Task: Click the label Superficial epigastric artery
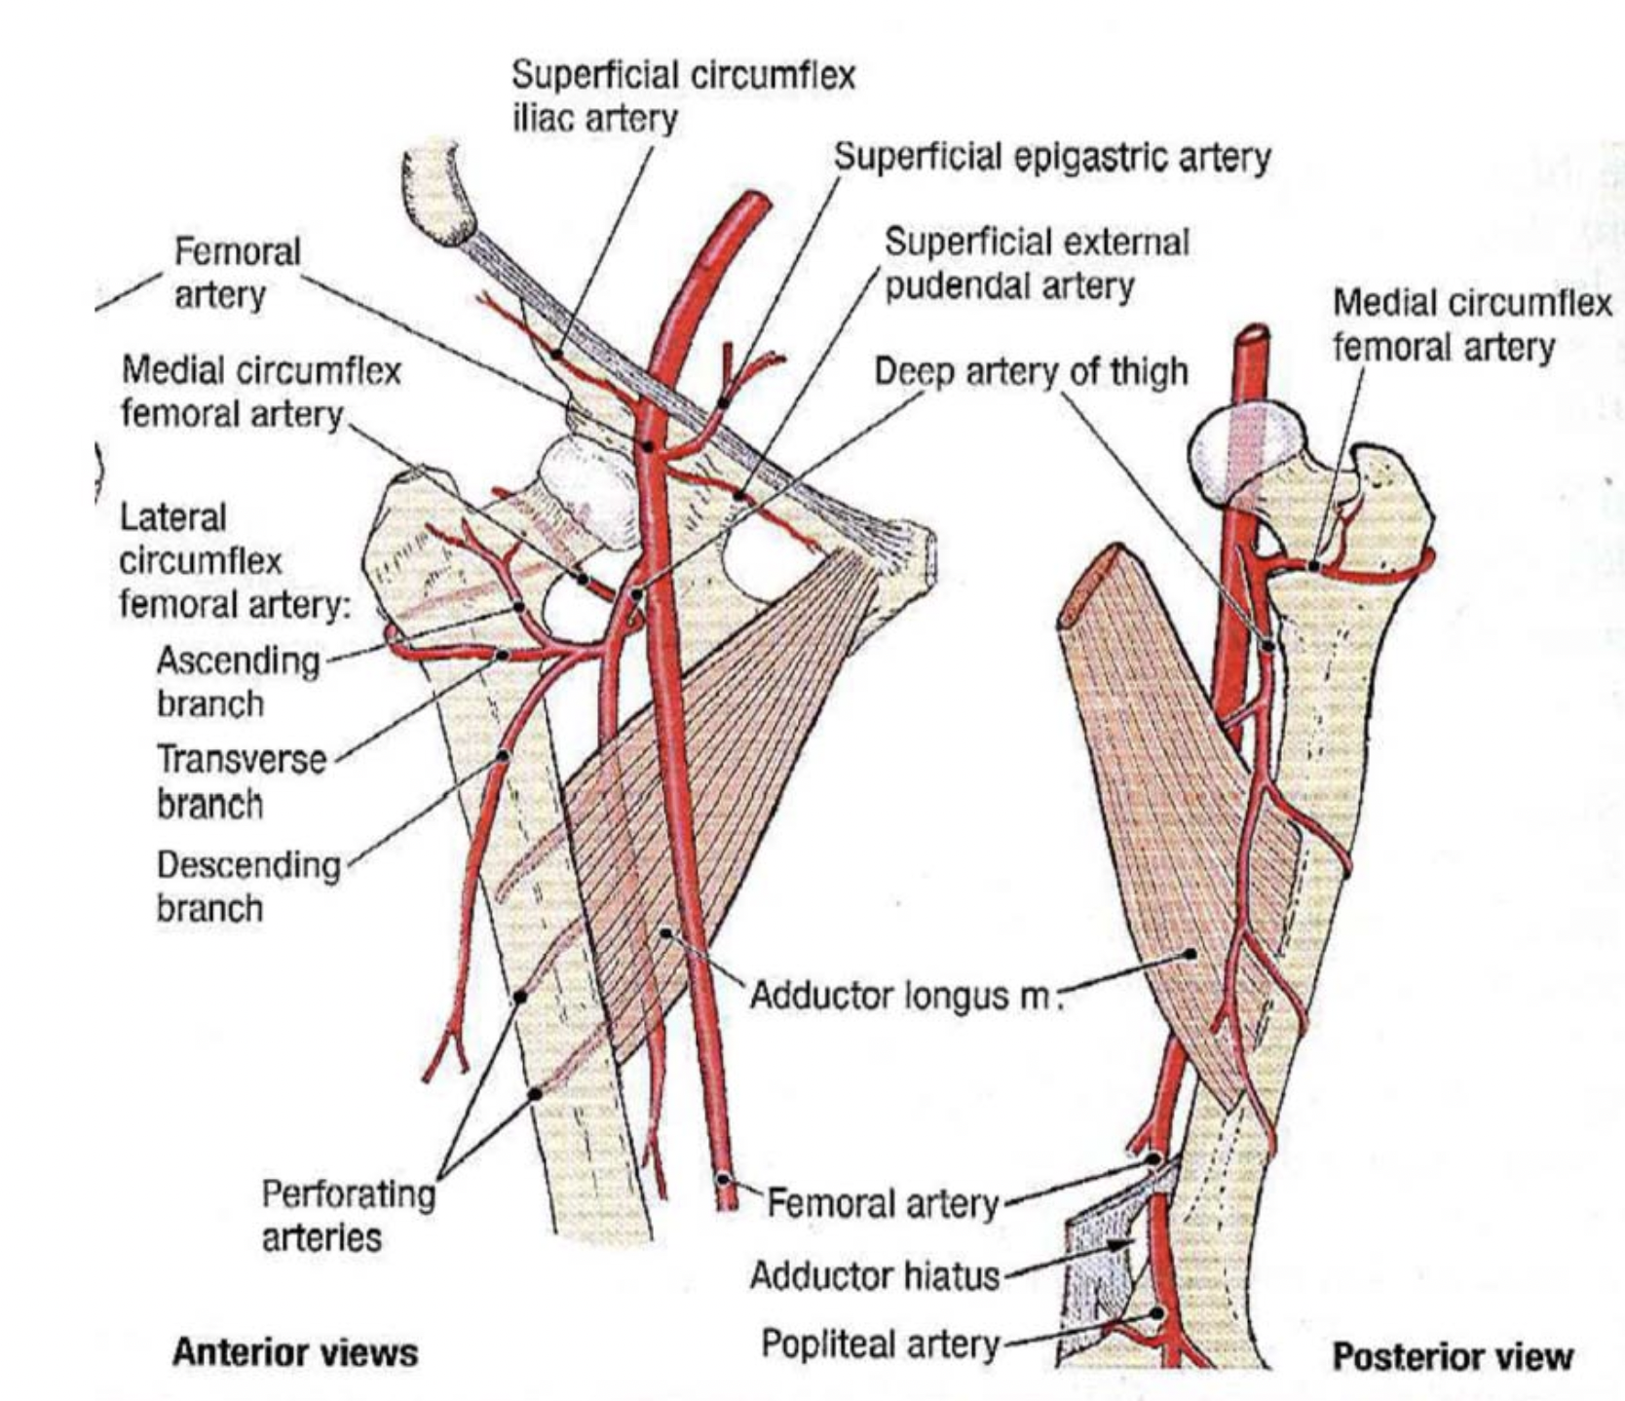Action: pyautogui.click(x=1052, y=158)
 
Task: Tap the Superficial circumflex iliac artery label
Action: pyautogui.click(x=683, y=96)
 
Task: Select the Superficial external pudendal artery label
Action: pyautogui.click(x=1036, y=264)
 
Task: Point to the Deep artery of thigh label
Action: pyautogui.click(x=1031, y=372)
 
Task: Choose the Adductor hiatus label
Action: pyautogui.click(x=874, y=1275)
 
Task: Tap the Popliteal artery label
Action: pyautogui.click(x=880, y=1344)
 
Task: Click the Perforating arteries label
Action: pyautogui.click(x=348, y=1215)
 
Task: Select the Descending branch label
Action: pyautogui.click(x=248, y=886)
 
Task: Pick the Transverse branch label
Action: pyautogui.click(x=241, y=780)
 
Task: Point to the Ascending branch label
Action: pyautogui.click(x=238, y=681)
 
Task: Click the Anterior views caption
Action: pyautogui.click(x=294, y=1352)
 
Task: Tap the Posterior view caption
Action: pyautogui.click(x=1452, y=1356)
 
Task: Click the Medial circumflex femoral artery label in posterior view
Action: pyautogui.click(x=1471, y=324)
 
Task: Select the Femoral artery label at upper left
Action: pyautogui.click(x=237, y=273)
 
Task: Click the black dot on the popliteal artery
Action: pyautogui.click(x=1156, y=1313)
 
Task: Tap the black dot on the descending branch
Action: pyautogui.click(x=503, y=756)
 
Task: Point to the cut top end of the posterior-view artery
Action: pyautogui.click(x=1252, y=334)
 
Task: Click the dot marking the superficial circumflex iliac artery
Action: pyautogui.click(x=556, y=354)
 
